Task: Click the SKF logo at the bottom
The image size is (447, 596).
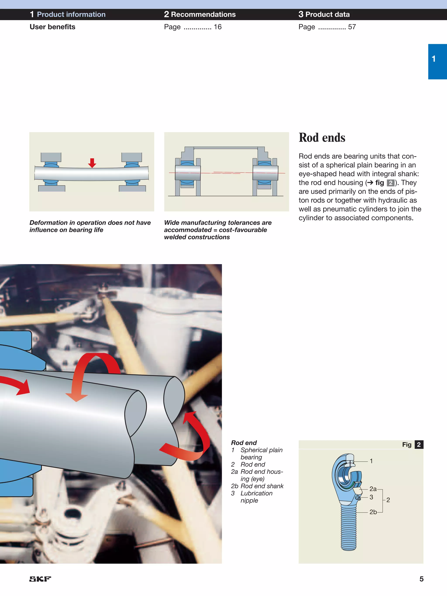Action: pos(40,579)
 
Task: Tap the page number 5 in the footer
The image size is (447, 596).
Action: pos(421,579)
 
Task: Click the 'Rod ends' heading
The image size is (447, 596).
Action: pos(322,138)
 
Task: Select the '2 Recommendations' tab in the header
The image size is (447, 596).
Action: pos(200,14)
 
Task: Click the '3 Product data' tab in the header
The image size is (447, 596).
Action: pos(324,14)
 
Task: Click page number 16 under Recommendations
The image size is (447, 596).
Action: pos(217,27)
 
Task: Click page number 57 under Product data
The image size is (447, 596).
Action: pos(352,27)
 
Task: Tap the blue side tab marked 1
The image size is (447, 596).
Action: pos(437,61)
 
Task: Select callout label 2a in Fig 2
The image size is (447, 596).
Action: pos(373,489)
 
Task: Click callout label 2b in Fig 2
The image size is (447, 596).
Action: pos(373,512)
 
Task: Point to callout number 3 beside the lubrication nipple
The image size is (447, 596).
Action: pos(371,497)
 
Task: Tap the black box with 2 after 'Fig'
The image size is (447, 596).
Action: pos(419,444)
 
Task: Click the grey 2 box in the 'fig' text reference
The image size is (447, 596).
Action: pos(390,183)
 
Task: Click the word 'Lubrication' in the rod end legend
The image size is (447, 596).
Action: pos(256,493)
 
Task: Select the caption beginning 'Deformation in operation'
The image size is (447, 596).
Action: pos(90,226)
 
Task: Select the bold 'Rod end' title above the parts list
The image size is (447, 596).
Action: pos(244,443)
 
